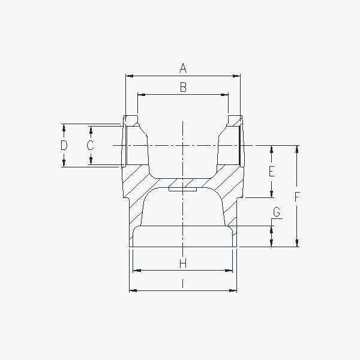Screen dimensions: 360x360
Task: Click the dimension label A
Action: (183, 68)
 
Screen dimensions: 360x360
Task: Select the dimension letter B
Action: (184, 87)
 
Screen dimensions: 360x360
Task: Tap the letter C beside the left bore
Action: (90, 145)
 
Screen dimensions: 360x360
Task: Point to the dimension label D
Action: (64, 145)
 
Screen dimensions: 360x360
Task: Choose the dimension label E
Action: (271, 172)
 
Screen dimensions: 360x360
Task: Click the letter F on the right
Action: (296, 196)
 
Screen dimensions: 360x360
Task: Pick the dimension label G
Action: (276, 212)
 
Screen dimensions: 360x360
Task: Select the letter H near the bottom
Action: (183, 263)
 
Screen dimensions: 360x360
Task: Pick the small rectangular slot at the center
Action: (183, 191)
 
